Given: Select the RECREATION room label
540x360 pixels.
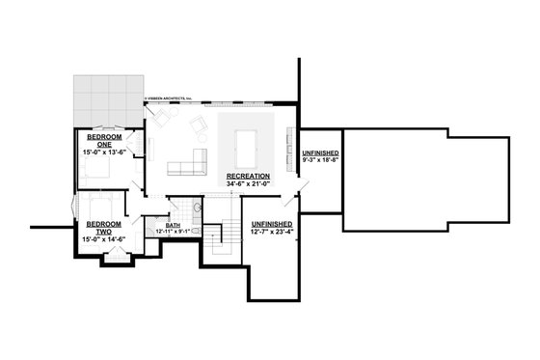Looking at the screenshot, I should pyautogui.click(x=248, y=176).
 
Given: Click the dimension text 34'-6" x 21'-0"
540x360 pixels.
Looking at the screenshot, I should pyautogui.click(x=248, y=183).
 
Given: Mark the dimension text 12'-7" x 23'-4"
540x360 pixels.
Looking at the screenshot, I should pyautogui.click(x=271, y=232).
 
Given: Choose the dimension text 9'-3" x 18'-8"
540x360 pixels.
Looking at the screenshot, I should pyautogui.click(x=319, y=160).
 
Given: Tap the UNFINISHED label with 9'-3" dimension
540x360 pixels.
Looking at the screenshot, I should pyautogui.click(x=319, y=152).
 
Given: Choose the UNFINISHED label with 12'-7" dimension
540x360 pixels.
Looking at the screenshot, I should pyautogui.click(x=271, y=224).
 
